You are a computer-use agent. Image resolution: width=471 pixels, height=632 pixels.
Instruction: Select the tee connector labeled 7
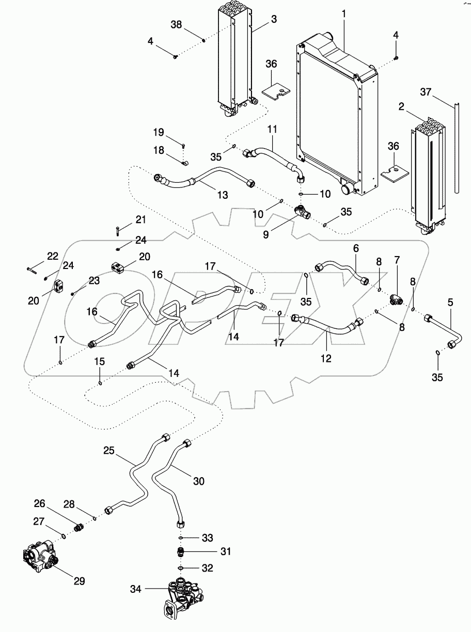point(397,299)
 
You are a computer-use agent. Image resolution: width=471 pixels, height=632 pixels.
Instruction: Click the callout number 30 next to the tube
point(198,481)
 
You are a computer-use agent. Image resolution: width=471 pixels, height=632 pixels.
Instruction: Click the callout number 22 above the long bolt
point(53,256)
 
